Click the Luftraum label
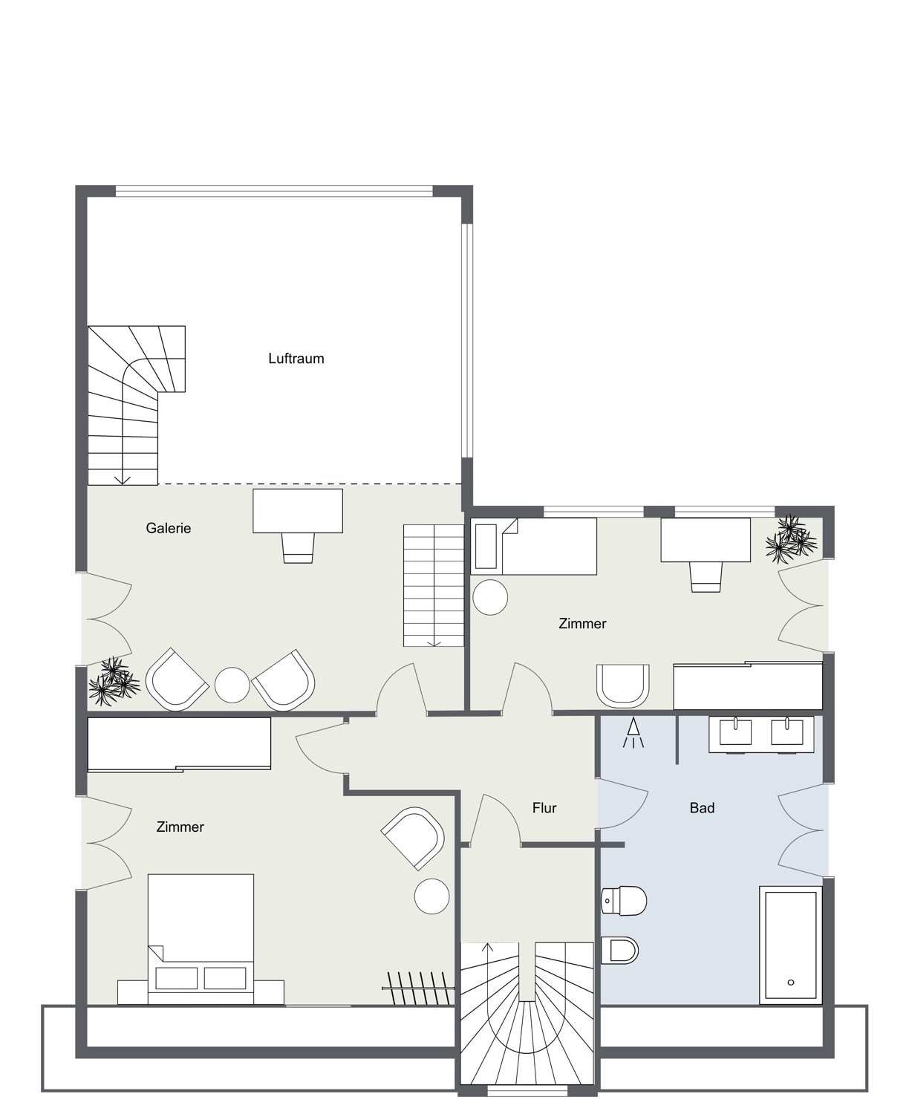[x=296, y=359]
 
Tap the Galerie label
[x=169, y=528]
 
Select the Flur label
[x=544, y=808]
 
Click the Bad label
[x=702, y=808]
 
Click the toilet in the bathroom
[x=624, y=901]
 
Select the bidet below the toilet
[x=619, y=951]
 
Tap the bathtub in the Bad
[x=791, y=945]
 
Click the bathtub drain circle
[x=791, y=983]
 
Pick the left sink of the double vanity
[x=735, y=732]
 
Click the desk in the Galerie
[x=298, y=511]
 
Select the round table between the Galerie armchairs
[x=232, y=685]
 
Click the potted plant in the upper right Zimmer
[x=791, y=539]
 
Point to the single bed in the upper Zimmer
[x=533, y=546]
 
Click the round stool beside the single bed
[x=490, y=597]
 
